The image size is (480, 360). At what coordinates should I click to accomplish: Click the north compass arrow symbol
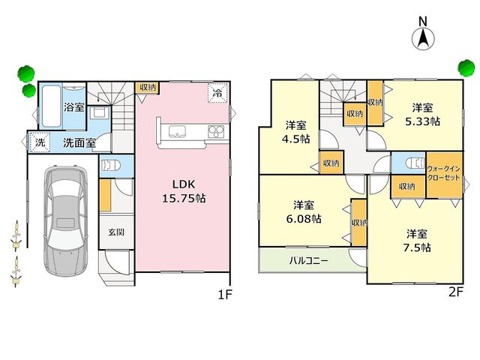(423, 39)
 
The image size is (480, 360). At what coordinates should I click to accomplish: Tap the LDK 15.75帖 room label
(184, 191)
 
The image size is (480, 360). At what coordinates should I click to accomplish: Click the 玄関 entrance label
(116, 232)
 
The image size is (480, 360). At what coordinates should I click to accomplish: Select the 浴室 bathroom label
(74, 107)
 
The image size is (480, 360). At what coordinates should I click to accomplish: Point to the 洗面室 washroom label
(79, 142)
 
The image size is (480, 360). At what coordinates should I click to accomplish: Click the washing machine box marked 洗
(40, 142)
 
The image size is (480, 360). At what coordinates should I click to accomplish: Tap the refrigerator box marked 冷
(217, 92)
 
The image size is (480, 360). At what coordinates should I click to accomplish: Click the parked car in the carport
(65, 220)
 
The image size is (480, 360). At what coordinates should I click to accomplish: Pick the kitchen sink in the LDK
(177, 132)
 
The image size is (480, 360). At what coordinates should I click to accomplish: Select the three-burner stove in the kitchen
(216, 132)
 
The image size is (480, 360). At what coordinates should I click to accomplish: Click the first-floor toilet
(110, 166)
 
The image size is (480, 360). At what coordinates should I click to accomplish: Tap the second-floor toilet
(415, 163)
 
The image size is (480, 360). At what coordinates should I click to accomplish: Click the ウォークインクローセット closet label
(443, 173)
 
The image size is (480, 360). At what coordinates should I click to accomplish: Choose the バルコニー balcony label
(308, 261)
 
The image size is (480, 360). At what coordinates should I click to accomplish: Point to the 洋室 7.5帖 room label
(417, 241)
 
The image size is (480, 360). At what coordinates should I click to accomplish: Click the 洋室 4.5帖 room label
(296, 132)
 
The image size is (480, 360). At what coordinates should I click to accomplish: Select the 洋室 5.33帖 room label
(422, 115)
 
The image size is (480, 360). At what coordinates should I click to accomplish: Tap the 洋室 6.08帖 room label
(304, 211)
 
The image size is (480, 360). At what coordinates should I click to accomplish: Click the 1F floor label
(225, 295)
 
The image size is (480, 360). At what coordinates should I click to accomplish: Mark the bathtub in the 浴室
(51, 106)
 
